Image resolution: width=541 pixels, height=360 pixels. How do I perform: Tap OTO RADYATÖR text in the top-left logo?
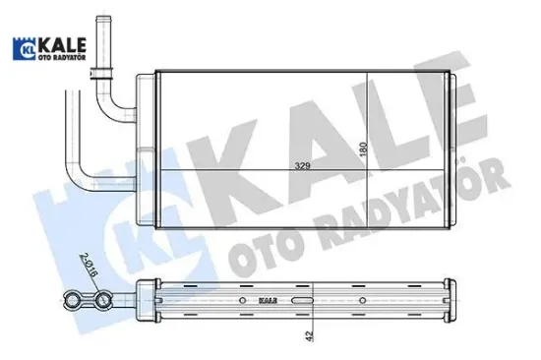(61, 56)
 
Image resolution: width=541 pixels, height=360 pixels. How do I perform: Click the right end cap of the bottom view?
(456, 300)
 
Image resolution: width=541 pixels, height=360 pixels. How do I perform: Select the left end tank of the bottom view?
(156, 300)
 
